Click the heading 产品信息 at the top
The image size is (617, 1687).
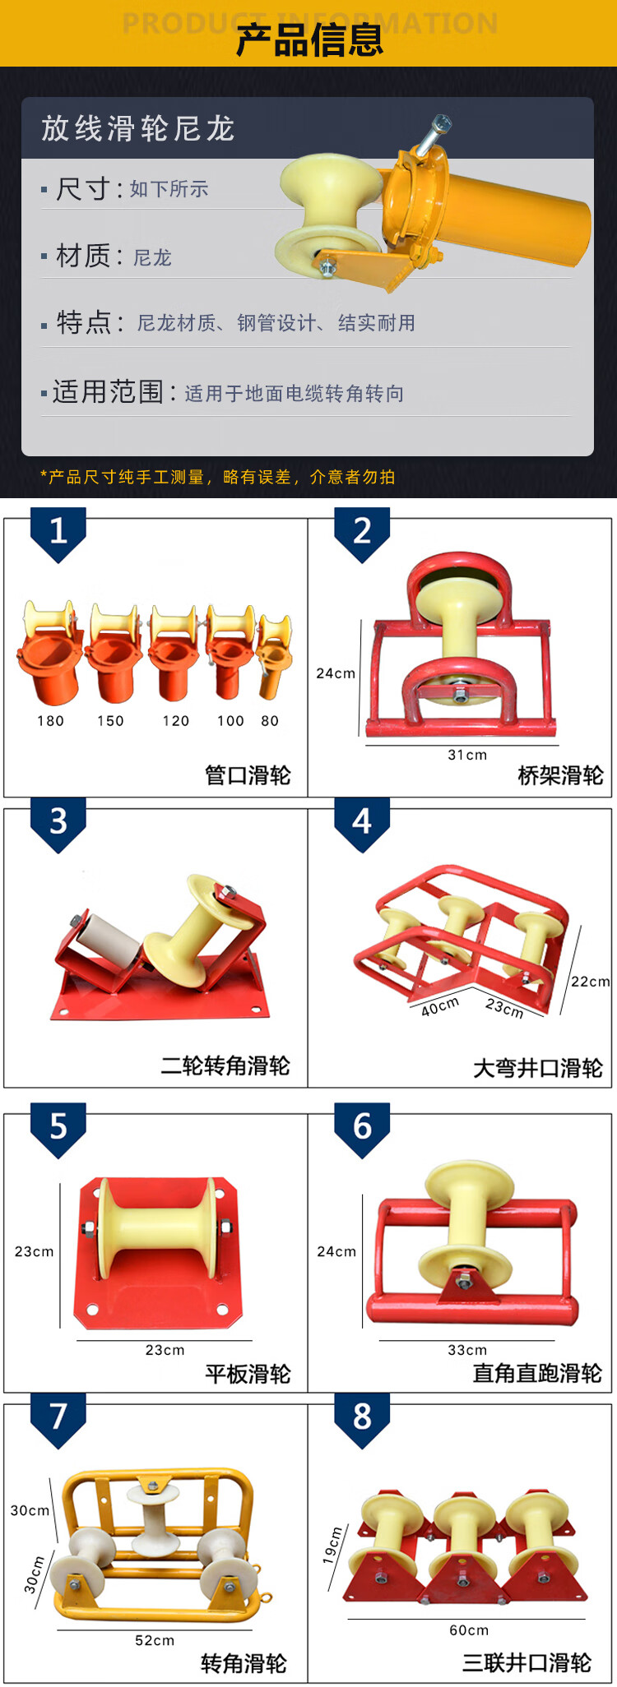tap(309, 40)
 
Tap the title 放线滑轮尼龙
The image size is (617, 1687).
tap(138, 128)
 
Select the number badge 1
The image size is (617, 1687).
tap(58, 534)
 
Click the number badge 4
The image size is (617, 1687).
tap(362, 824)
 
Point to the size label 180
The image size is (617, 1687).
tap(50, 721)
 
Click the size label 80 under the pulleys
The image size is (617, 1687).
tap(270, 721)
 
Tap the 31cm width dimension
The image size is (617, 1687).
tap(467, 755)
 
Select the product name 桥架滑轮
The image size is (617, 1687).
tap(560, 775)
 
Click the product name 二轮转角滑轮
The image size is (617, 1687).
tap(225, 1066)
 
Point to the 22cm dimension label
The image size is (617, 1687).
tap(591, 982)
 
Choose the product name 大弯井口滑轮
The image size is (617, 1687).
tap(538, 1068)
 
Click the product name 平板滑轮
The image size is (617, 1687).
tap(248, 1374)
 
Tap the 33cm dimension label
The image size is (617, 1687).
tap(467, 1350)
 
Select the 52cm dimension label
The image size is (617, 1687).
tap(155, 1640)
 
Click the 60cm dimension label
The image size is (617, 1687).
tap(469, 1629)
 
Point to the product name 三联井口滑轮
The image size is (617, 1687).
tap(527, 1662)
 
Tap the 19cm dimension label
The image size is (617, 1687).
tap(333, 1545)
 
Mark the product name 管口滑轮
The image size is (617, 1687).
tap(248, 775)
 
